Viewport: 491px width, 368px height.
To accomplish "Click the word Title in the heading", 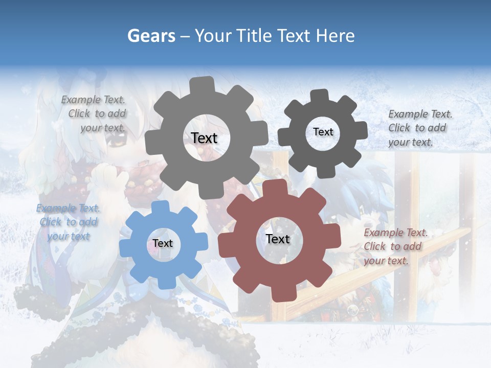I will click(x=254, y=36).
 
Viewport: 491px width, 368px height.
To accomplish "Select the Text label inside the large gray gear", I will click(x=204, y=138).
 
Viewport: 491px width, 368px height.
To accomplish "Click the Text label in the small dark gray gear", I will click(x=323, y=132).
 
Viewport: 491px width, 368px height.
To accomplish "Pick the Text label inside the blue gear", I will click(x=163, y=243).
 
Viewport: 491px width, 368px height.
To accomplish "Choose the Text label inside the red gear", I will click(x=278, y=239).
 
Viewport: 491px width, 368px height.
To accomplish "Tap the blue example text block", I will click(x=68, y=222).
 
